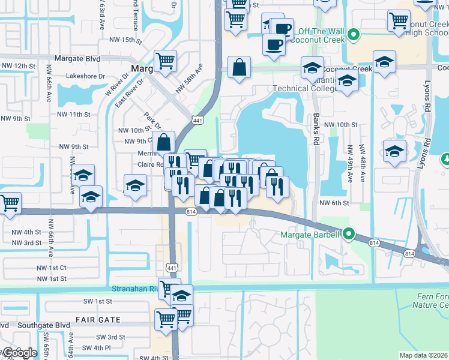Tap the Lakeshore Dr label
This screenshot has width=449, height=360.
pyautogui.click(x=85, y=76)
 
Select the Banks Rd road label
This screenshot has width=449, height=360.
pyautogui.click(x=315, y=129)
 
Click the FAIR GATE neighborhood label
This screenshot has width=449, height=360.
pyautogui.click(x=98, y=320)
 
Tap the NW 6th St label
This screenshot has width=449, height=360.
pyautogui.click(x=334, y=203)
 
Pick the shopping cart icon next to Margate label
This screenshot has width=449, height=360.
pyautogui.click(x=165, y=60)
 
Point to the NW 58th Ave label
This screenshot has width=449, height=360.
pyautogui.click(x=190, y=80)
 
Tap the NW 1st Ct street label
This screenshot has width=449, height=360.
pyautogui.click(x=52, y=268)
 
